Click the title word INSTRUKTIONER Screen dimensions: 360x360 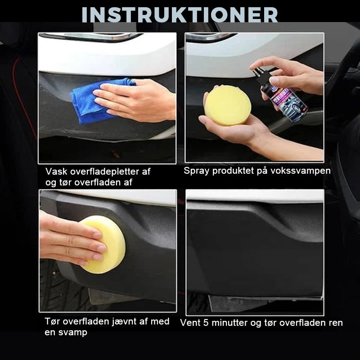[x=180, y=14]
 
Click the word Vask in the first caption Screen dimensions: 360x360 [x=56, y=171]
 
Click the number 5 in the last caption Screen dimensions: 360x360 [x=206, y=323]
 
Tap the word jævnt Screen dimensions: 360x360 [x=125, y=321]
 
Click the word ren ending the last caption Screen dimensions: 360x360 [x=336, y=323]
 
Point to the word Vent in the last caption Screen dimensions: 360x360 [x=189, y=323]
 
